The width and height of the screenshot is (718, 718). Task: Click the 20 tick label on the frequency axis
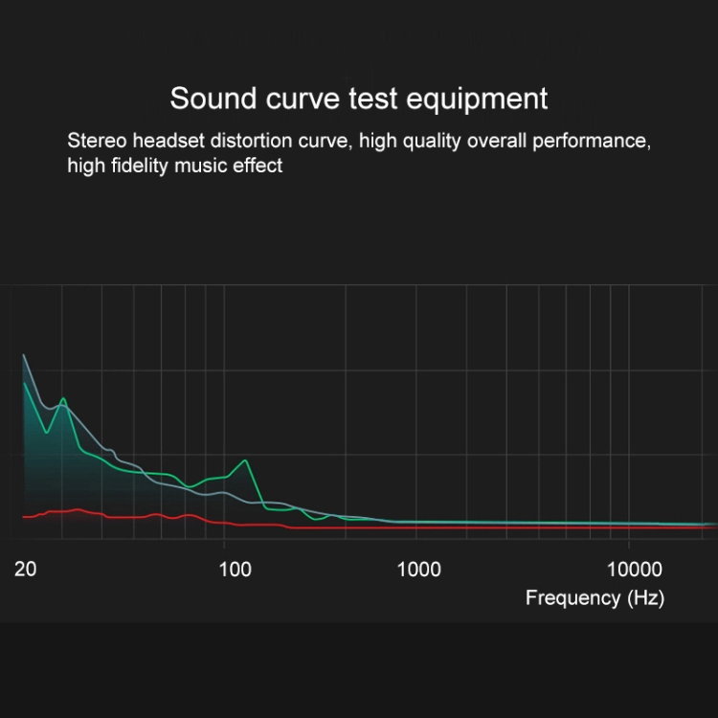click(x=26, y=569)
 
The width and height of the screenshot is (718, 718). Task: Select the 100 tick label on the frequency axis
click(x=235, y=569)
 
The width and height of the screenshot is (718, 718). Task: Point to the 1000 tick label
click(x=418, y=569)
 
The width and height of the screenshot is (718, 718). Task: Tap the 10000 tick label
click(x=635, y=569)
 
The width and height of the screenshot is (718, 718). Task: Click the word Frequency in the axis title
click(x=572, y=598)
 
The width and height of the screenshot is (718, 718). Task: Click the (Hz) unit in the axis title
click(x=644, y=598)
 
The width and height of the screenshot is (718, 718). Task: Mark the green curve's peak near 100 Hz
click(x=246, y=460)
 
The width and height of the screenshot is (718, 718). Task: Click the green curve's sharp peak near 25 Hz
click(x=63, y=398)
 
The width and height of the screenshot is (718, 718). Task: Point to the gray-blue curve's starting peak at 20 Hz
click(x=23, y=355)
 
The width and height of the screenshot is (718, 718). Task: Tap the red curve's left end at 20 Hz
click(x=24, y=517)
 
